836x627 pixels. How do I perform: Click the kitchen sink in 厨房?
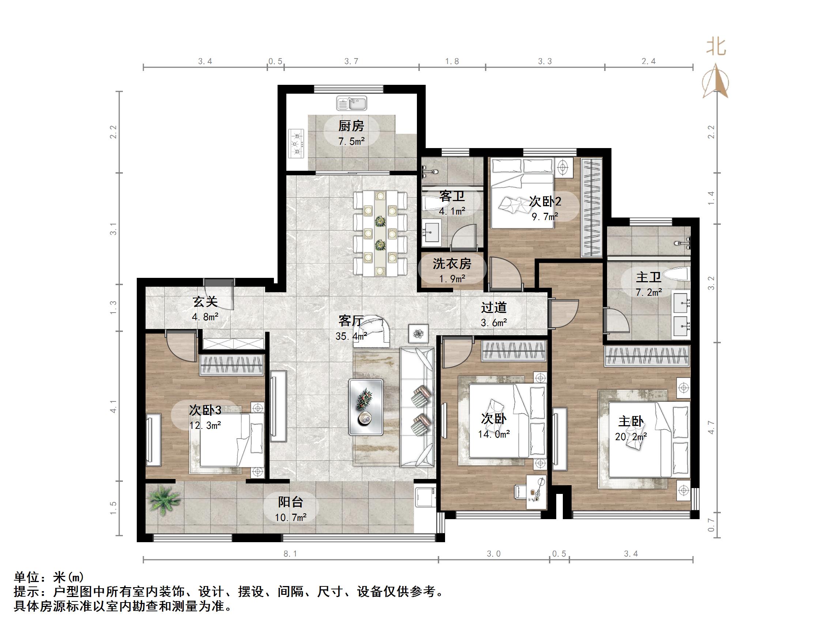point(351,103)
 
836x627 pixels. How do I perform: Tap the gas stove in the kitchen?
point(297,144)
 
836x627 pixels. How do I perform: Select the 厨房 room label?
point(351,126)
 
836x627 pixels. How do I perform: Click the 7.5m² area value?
point(351,142)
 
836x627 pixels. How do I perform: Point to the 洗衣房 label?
point(452,264)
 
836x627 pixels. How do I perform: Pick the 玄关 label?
point(205,302)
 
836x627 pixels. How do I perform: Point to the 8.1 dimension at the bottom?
point(290,554)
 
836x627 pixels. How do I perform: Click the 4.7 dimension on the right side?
point(711,427)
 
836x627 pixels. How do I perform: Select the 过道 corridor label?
point(494,307)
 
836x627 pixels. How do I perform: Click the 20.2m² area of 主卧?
point(631,437)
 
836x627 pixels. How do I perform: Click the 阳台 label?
point(290,502)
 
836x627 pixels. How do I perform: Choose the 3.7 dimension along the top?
point(351,61)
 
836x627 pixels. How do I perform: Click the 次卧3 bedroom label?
point(205,410)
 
